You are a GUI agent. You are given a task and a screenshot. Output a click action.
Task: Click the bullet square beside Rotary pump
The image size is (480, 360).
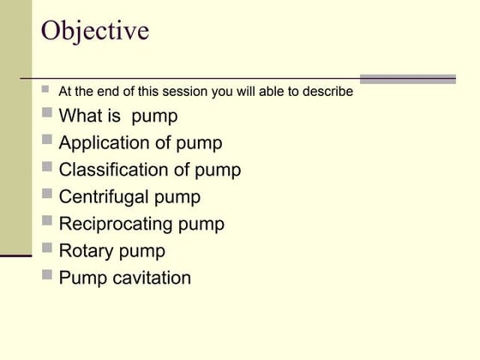46,249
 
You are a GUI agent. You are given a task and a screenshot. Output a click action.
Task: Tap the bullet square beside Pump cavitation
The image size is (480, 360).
46,275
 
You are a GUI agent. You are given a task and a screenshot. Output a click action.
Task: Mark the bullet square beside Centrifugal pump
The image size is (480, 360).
46,195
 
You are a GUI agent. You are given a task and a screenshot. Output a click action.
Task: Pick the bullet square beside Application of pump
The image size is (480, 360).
46,141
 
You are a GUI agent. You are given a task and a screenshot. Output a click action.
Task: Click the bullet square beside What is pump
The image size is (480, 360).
46,113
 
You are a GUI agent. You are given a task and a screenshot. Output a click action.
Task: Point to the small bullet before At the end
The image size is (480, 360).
46,89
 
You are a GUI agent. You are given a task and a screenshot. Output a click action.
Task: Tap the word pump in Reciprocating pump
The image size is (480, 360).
201,225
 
